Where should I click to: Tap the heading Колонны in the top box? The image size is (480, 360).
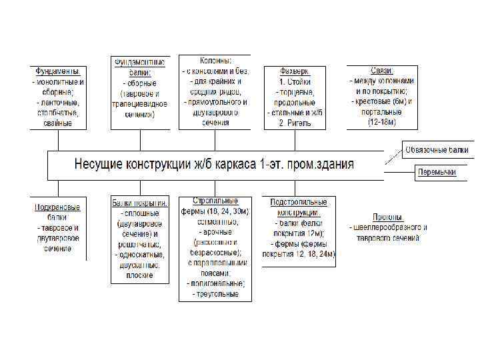coord(215,61)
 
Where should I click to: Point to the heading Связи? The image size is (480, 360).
coord(381,71)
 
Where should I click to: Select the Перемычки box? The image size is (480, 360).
coord(437,172)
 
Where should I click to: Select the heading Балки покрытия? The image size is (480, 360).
coord(139,202)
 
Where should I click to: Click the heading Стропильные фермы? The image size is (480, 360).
coord(215,206)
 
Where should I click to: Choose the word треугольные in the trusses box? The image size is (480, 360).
coord(215,293)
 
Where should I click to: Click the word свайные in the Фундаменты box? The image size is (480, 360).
coord(58,123)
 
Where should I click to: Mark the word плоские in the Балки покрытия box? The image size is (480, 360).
coord(139,275)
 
